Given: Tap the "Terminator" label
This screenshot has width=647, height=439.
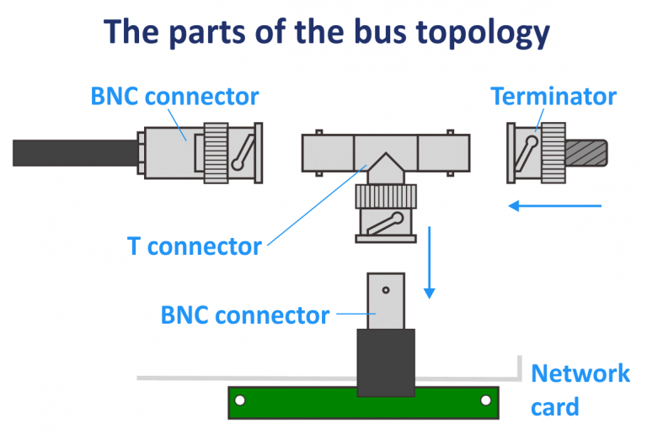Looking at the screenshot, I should coord(553,96).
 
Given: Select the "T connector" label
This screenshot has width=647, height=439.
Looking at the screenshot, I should coord(195,246).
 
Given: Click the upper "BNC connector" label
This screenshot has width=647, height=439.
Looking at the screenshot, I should coord(174,96).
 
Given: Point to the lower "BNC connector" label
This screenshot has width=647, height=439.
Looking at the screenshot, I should coord(244,315).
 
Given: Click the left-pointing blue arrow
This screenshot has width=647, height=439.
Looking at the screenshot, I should coord(557,204).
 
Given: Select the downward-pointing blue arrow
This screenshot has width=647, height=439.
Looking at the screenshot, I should coord(430,261).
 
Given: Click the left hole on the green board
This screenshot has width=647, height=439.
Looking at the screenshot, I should coord(240,400).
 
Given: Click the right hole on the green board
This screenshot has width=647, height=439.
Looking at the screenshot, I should coord(486,400).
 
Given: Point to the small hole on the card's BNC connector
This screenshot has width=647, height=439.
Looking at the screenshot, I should coord(386,290).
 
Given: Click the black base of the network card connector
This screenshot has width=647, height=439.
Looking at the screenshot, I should coord(386,362).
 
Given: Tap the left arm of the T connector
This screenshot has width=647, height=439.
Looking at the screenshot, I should coord(329,151).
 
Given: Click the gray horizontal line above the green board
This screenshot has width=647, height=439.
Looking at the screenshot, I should coord(185,378).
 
